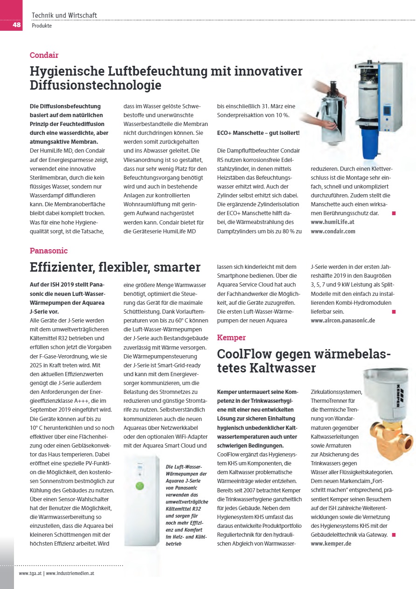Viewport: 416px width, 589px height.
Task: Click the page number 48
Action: [x=16, y=25]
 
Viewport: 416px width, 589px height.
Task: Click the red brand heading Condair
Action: [x=44, y=55]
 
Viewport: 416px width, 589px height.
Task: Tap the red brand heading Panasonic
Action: [x=49, y=251]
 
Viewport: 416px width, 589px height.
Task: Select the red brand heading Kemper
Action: [x=231, y=337]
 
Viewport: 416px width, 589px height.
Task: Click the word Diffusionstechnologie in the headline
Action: [x=96, y=85]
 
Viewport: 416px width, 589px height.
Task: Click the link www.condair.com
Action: [x=333, y=231]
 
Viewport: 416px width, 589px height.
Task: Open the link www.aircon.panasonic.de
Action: [x=343, y=321]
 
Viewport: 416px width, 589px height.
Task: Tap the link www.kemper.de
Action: [x=331, y=544]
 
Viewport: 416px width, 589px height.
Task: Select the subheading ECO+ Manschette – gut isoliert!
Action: [x=258, y=133]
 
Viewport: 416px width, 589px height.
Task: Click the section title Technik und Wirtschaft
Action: [x=64, y=15]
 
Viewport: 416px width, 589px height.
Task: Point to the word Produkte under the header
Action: [x=42, y=26]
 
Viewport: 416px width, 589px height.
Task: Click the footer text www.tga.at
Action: [x=30, y=573]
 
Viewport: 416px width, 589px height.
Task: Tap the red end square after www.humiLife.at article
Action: [x=394, y=213]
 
